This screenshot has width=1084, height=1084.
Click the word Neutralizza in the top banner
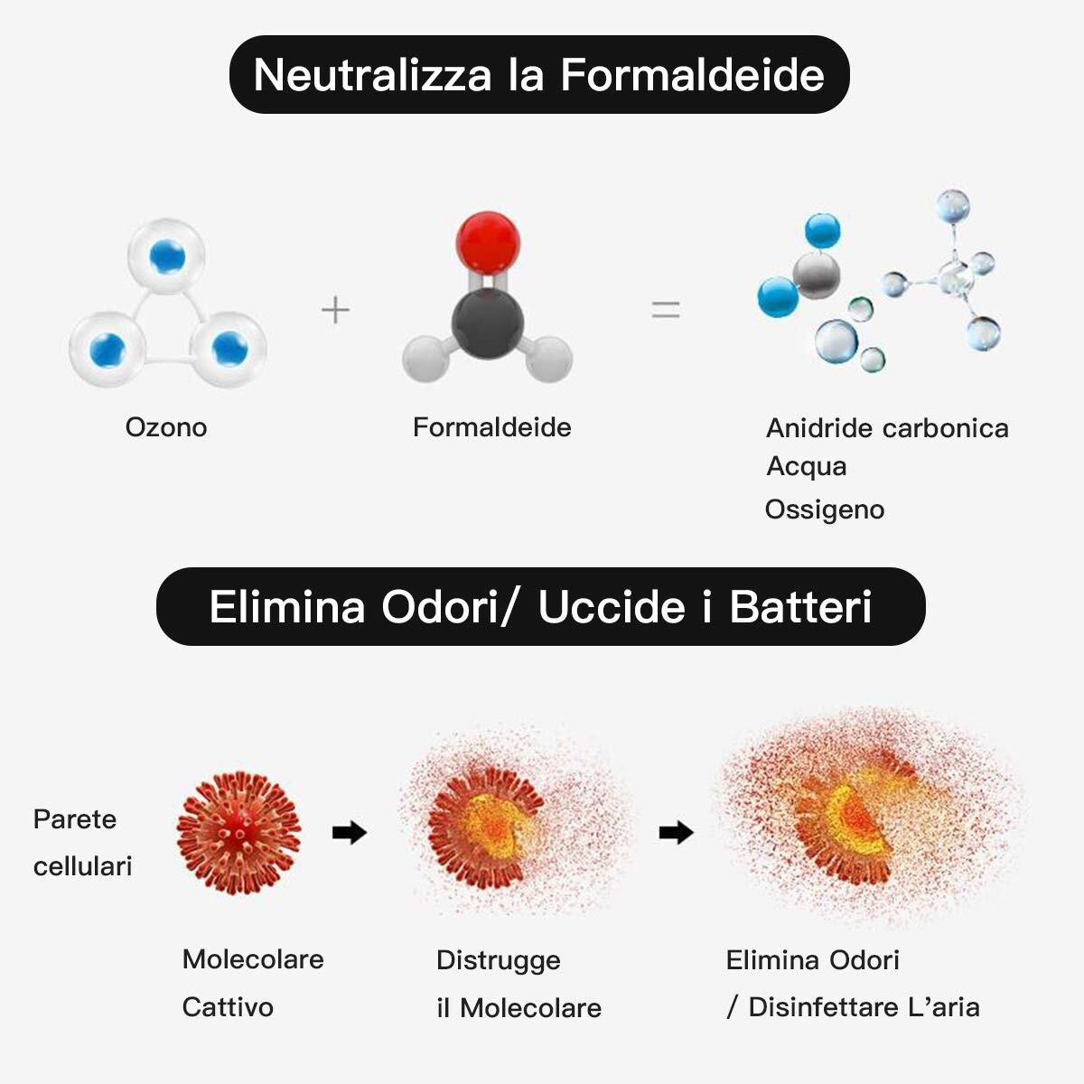372,75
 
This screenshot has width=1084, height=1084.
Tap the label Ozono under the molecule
166,427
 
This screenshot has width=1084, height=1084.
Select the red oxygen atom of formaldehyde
488,243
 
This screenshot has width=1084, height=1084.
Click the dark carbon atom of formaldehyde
488,322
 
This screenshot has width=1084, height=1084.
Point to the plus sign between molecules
335,310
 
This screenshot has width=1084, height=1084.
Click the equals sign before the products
666,310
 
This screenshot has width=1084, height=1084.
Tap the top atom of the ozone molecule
166,256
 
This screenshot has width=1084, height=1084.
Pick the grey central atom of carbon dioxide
817,276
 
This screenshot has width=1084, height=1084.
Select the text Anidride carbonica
887,428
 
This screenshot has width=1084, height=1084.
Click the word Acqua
806,466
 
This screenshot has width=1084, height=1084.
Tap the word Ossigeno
825,510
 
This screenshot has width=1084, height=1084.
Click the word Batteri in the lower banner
800,607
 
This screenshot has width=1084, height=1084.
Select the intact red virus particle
239,833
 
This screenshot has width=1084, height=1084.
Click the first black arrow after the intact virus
350,833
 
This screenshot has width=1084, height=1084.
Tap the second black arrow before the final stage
677,833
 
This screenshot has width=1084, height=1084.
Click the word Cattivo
228,1007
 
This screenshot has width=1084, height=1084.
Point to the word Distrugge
499,961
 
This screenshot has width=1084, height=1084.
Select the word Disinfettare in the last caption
824,1007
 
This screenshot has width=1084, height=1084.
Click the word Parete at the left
75,819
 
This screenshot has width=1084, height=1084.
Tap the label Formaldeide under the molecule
491,427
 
